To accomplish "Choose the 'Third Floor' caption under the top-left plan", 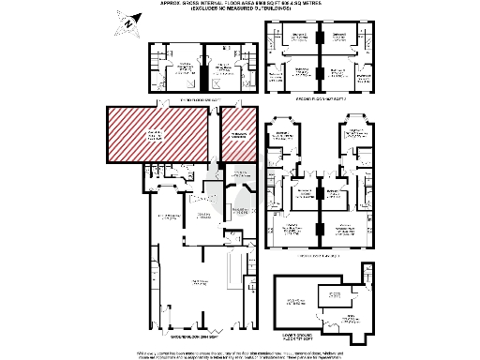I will tap(198, 99).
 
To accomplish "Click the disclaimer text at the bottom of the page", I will tap(239, 352).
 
